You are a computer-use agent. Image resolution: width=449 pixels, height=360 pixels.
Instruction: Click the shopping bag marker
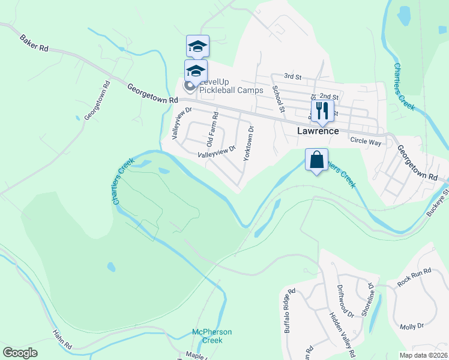pos(316,160)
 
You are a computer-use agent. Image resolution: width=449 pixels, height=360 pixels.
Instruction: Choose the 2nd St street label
pos(329,96)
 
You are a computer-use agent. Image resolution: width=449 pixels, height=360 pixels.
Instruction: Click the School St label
pos(277,98)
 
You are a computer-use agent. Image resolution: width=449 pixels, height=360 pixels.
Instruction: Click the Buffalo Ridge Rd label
pos(290,311)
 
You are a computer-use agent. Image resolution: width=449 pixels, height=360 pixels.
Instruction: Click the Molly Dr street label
pos(412,326)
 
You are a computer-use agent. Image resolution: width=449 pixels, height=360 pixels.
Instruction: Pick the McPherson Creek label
pos(211,336)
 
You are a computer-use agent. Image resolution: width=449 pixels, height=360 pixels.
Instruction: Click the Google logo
pos(20,353)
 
